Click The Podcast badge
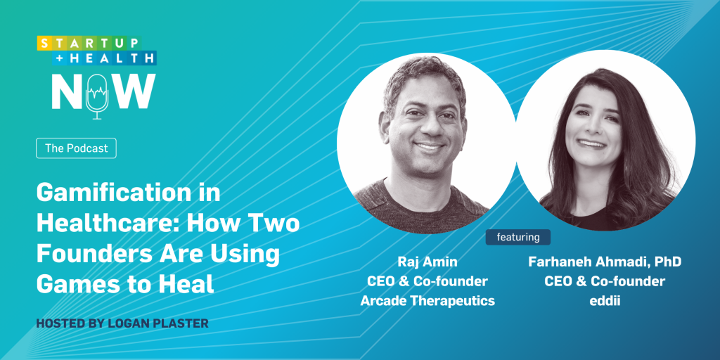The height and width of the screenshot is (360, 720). pyautogui.click(x=76, y=148)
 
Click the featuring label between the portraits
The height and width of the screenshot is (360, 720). pyautogui.click(x=518, y=237)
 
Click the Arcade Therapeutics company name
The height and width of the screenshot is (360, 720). pyautogui.click(x=427, y=301)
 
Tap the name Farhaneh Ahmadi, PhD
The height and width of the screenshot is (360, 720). pyautogui.click(x=605, y=262)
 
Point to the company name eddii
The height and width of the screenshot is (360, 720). pyautogui.click(x=605, y=301)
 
